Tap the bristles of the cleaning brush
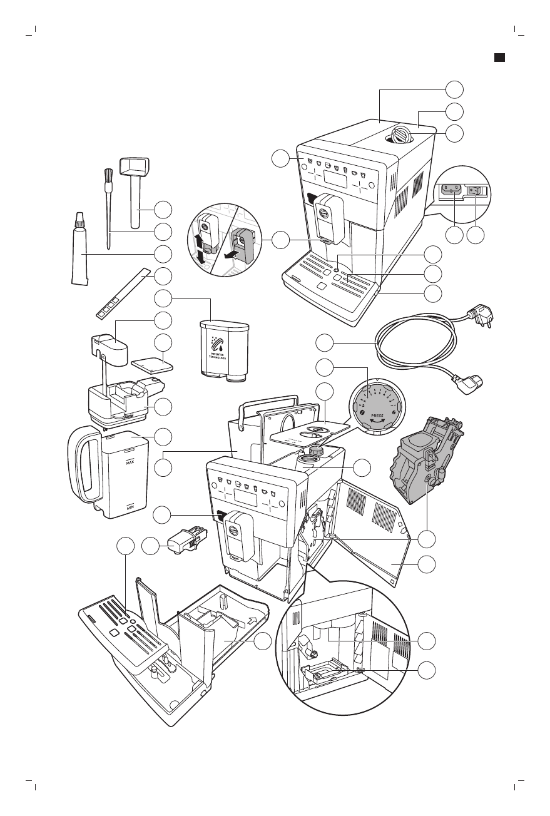106,176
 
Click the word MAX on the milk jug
130,462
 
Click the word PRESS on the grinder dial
376,414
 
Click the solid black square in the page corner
499,58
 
